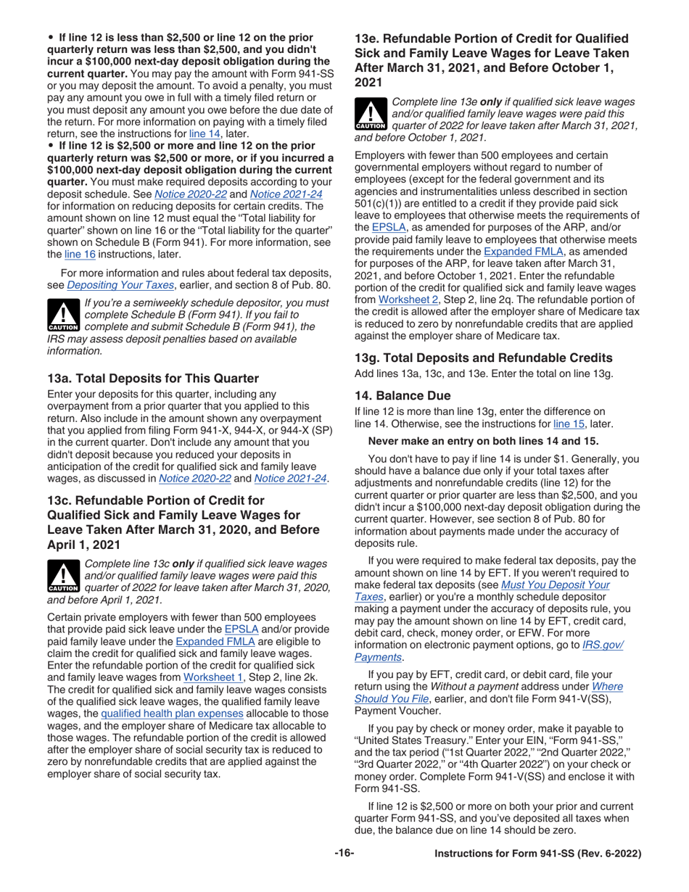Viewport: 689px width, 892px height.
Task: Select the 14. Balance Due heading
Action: tap(402, 395)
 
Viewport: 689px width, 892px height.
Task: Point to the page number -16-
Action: tap(344, 854)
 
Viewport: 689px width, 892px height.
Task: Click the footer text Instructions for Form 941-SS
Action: tap(537, 854)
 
